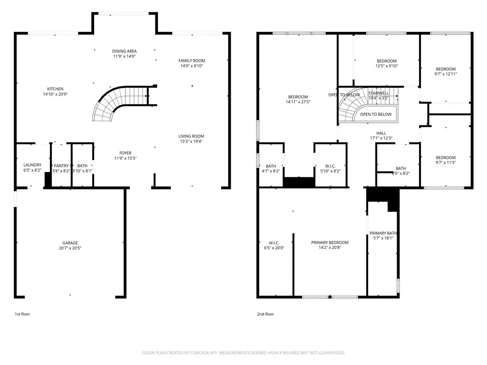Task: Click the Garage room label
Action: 70,243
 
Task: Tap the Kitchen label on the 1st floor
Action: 55,89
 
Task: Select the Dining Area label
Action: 125,51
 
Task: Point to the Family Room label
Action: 192,60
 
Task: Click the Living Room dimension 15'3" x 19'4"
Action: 191,142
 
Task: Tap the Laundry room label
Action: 32,165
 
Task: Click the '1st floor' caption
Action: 22,314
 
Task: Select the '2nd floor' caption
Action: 265,314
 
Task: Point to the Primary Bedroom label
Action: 330,242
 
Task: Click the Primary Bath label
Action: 383,233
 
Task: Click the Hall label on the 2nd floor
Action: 381,133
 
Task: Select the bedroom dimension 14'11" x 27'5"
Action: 297,102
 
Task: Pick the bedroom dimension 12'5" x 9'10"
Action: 387,66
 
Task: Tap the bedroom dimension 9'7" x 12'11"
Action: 446,74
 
